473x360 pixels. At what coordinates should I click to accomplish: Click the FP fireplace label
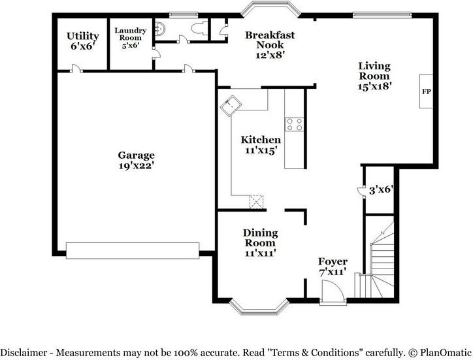click(426, 91)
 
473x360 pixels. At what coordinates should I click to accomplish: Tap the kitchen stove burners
click(295, 124)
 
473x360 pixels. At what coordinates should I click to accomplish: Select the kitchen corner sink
click(231, 106)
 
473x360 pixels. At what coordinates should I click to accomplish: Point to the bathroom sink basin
click(160, 28)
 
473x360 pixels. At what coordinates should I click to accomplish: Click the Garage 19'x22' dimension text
click(137, 165)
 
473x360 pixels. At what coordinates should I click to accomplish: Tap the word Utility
click(83, 36)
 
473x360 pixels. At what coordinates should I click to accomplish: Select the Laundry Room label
click(130, 34)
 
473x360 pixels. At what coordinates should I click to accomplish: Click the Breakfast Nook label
click(270, 40)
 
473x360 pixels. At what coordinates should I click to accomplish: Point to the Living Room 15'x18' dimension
click(374, 86)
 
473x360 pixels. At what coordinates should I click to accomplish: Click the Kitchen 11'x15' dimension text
click(261, 150)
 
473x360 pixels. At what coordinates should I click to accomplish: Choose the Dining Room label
click(261, 238)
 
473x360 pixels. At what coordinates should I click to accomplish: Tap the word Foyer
click(333, 261)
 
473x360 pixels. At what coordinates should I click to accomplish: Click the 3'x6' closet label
click(381, 190)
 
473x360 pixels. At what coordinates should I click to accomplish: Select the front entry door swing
click(332, 291)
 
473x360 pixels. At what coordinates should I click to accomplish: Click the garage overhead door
click(133, 250)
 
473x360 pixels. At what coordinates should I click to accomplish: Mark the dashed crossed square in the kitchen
click(256, 202)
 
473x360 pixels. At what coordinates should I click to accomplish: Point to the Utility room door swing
click(76, 68)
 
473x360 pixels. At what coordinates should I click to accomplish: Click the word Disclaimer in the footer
click(24, 352)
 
